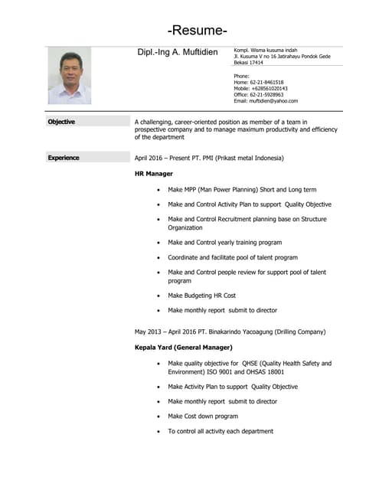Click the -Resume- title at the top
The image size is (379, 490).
[198, 31]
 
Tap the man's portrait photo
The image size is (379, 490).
[70, 76]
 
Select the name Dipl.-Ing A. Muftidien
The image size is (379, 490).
[177, 52]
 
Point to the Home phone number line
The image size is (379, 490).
[259, 83]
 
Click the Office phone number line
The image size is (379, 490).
[259, 95]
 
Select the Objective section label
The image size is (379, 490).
[61, 121]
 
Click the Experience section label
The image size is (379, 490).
[64, 158]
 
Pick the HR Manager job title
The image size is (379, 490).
[154, 174]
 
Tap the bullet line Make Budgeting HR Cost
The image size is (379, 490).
[202, 295]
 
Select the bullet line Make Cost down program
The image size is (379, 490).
[203, 416]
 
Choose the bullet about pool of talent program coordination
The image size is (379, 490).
[233, 257]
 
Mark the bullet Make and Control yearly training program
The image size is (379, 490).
[225, 243]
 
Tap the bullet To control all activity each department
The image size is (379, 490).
[221, 431]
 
